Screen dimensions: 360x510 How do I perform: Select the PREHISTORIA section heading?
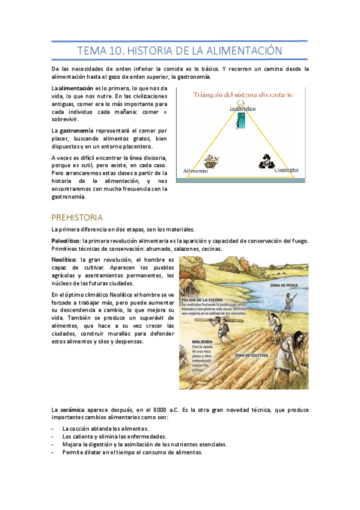[77, 217]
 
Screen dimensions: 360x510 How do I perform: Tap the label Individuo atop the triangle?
[242, 109]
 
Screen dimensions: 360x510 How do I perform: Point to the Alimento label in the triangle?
[195, 171]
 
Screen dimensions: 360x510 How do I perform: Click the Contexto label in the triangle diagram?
[286, 170]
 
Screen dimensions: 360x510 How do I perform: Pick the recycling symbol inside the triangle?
[266, 161]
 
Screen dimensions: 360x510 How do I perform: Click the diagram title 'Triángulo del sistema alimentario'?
[243, 94]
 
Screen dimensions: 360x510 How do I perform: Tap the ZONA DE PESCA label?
[285, 285]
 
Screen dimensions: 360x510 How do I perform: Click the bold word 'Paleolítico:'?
[66, 240]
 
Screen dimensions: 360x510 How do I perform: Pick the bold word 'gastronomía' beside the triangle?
[75, 131]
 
